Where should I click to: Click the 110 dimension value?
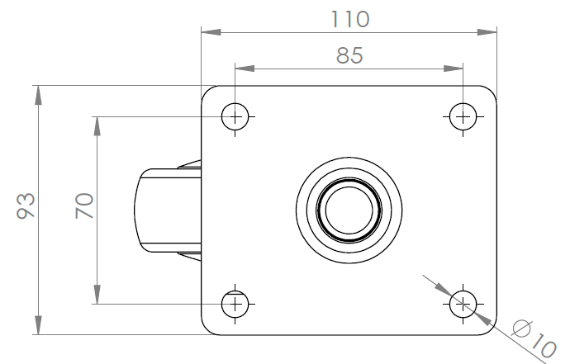pos(350,19)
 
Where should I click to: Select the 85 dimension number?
pos(349,55)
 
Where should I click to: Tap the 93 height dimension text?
pos(26,206)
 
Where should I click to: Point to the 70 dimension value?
pos(84,206)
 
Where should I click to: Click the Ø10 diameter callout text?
pos(534,338)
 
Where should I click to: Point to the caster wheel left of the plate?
pos(168,210)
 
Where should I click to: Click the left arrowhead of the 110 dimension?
pos(211,32)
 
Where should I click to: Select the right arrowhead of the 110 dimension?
pos(487,32)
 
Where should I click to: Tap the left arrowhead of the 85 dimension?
pos(245,69)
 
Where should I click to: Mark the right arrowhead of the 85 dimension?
pos(454,69)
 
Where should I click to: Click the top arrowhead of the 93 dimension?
pos(38,95)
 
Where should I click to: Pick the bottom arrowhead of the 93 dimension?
pos(38,325)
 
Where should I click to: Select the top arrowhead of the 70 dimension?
pos(97,126)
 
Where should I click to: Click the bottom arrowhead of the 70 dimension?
pos(97,294)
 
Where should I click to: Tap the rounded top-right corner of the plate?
pos(492,91)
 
